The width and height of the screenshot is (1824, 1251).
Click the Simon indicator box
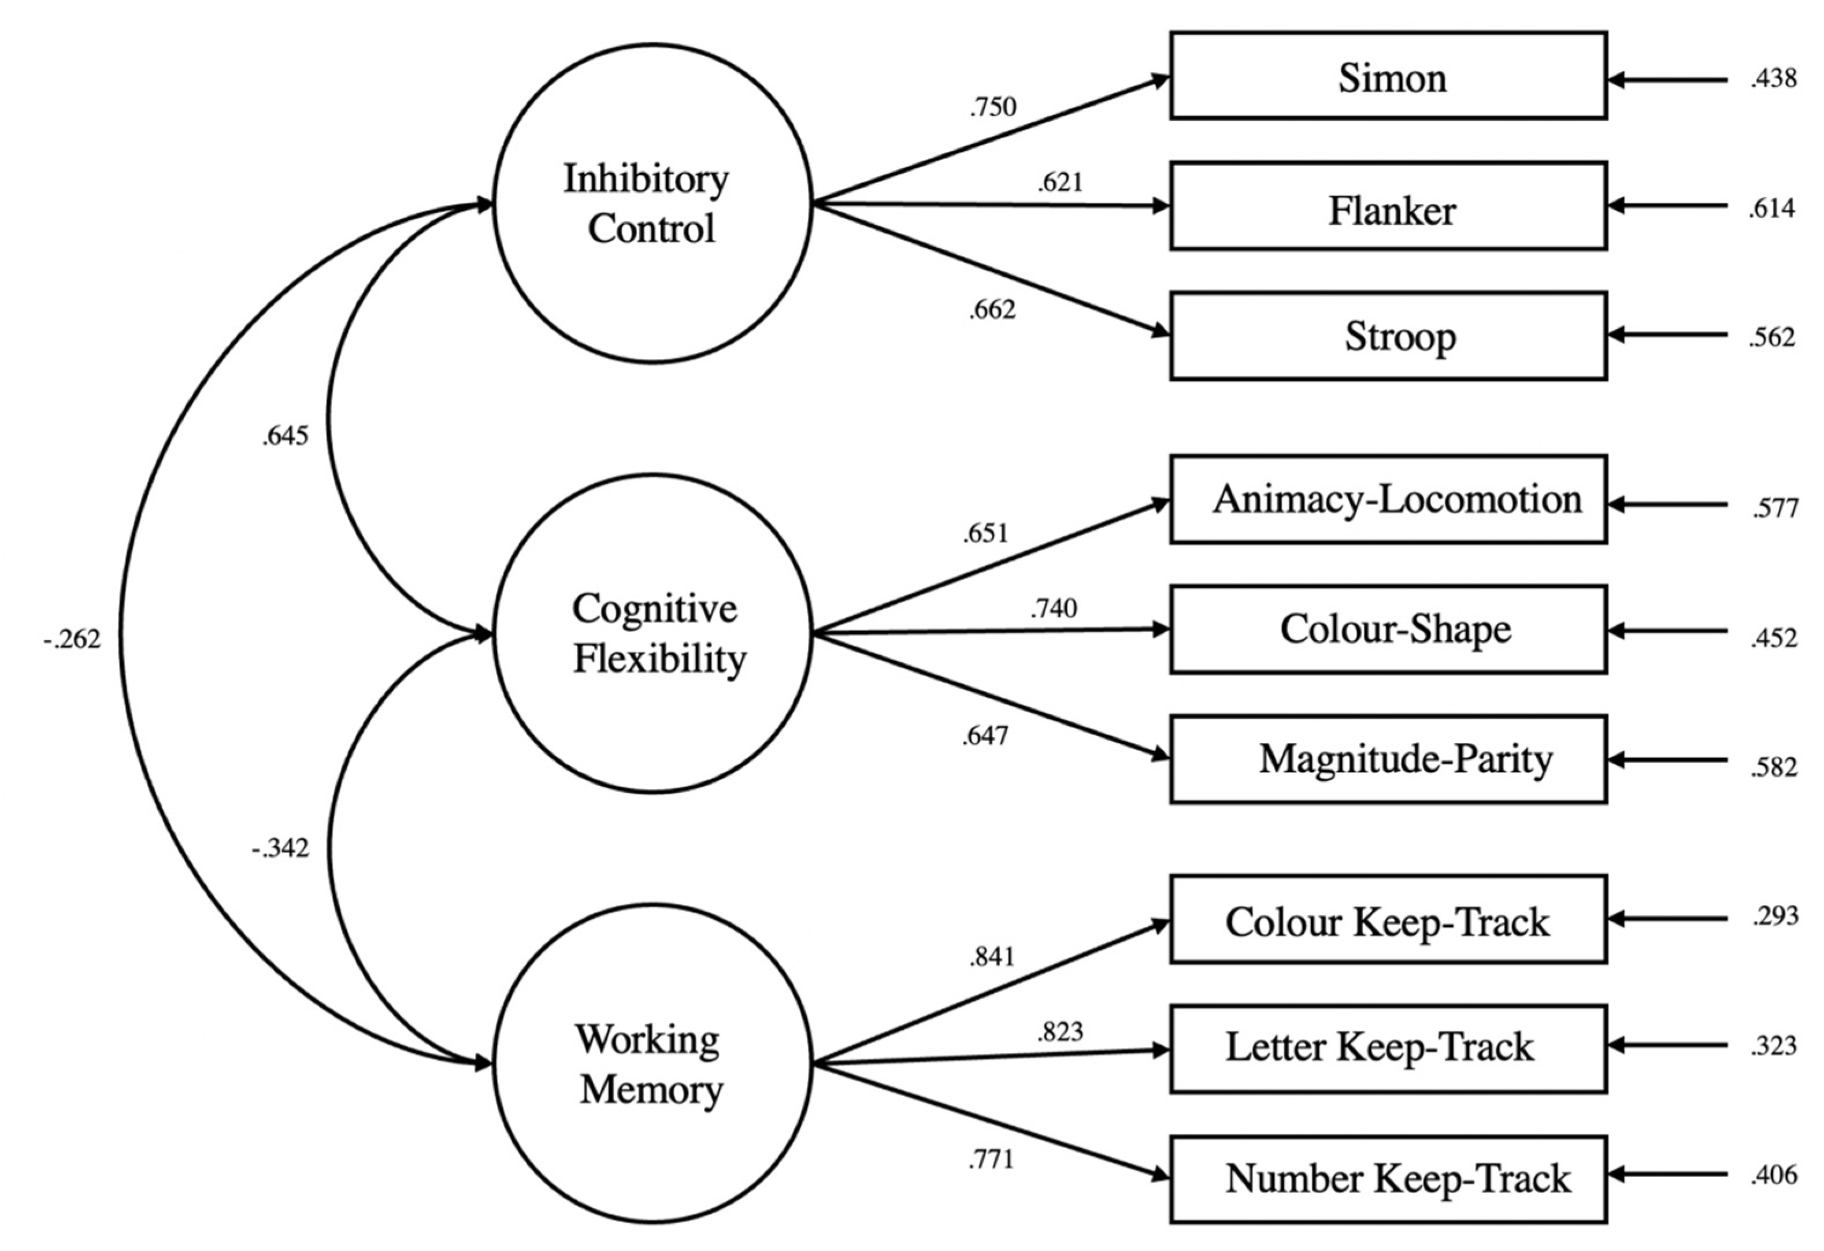[x=1388, y=76]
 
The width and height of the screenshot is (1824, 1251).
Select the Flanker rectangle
[x=1388, y=206]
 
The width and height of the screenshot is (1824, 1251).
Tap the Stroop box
[x=1388, y=336]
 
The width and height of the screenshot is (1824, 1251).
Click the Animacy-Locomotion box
[x=1388, y=499]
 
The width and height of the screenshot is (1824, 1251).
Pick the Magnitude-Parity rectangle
[x=1388, y=759]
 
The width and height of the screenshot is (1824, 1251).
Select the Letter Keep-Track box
[x=1388, y=1049]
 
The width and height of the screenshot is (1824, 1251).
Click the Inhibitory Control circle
[x=653, y=203]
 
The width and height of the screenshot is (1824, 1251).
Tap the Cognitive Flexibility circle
[x=653, y=633]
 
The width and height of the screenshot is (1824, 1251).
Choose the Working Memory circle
[x=653, y=1064]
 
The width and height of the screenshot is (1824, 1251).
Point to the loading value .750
[x=993, y=107]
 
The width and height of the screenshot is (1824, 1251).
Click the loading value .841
[x=992, y=957]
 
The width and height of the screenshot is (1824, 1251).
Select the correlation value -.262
[x=72, y=640]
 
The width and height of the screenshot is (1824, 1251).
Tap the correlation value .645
[x=285, y=436]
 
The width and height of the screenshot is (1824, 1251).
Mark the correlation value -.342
[x=280, y=848]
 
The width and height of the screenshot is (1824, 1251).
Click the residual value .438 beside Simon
[x=1773, y=79]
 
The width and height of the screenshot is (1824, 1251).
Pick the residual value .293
[x=1774, y=916]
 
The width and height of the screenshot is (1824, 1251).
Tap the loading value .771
[x=991, y=1159]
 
